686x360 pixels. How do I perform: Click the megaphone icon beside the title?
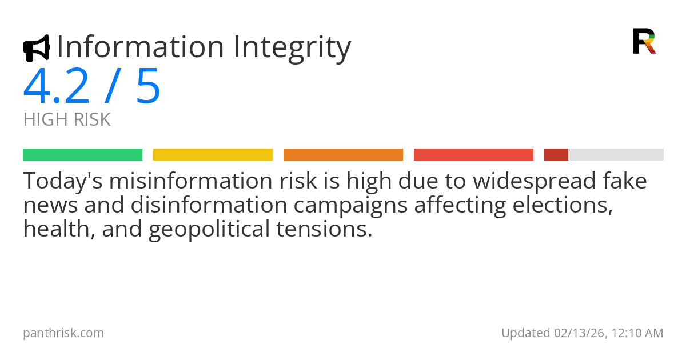(36, 48)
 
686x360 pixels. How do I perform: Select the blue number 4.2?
(57, 87)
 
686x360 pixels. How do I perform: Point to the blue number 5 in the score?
(148, 87)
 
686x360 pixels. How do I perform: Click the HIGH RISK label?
(67, 120)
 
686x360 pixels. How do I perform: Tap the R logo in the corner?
(644, 41)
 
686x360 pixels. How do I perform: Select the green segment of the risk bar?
(82, 155)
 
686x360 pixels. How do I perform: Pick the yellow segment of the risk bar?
(213, 155)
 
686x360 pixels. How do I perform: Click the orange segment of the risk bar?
(343, 155)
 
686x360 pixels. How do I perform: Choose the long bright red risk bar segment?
(473, 155)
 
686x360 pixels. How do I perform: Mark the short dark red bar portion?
(556, 155)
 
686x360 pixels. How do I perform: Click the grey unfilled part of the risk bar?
(616, 155)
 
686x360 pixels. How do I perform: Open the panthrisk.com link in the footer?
(63, 333)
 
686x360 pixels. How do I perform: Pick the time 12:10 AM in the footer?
(637, 333)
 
